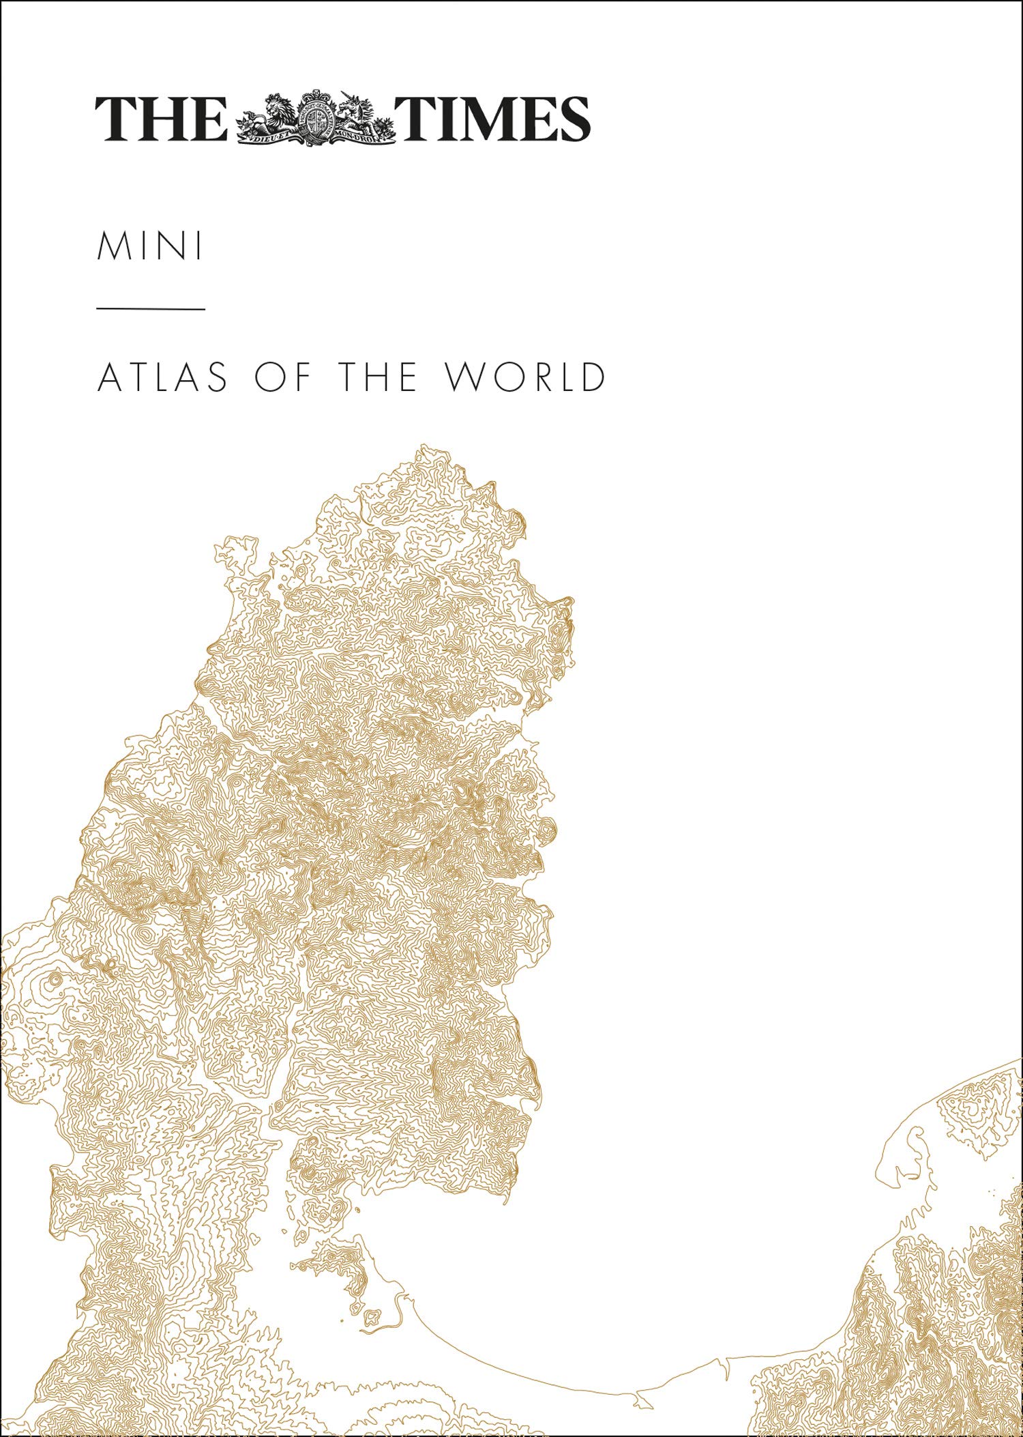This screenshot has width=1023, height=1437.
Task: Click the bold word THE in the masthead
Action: pos(161,119)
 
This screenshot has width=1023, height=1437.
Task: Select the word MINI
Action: pos(150,247)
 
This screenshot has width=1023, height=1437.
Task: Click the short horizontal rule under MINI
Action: pos(151,309)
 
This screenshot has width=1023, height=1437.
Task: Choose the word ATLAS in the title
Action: pos(163,377)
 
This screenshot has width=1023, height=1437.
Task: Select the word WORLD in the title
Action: pos(524,377)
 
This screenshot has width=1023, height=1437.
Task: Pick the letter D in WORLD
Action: pos(591,377)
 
